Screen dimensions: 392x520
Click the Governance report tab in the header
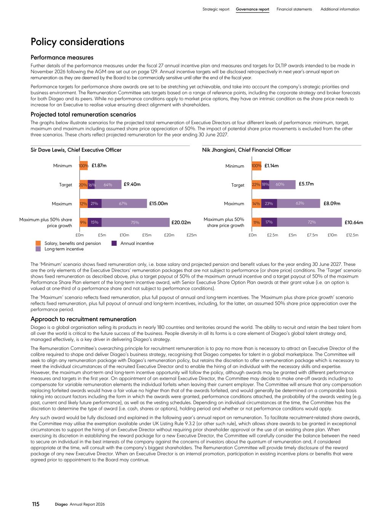[252, 9]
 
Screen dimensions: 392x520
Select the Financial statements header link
[294, 9]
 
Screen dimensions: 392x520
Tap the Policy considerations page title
[77, 42]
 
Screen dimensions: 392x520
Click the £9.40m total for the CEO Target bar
[132, 184]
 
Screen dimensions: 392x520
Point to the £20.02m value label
[181, 222]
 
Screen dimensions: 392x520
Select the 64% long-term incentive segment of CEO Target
[108, 184]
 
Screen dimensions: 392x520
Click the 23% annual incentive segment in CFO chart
[269, 203]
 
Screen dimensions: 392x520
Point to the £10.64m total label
[354, 222]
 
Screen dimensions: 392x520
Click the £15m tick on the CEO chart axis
[147, 235]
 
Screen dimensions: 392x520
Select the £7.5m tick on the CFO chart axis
[312, 235]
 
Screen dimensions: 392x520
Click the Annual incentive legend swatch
[114, 243]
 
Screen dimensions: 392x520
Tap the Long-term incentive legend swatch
[38, 249]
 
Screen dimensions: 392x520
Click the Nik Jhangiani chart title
[246, 150]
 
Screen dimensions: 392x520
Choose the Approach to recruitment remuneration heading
[83, 319]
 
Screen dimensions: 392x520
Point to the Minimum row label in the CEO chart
[62, 166]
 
